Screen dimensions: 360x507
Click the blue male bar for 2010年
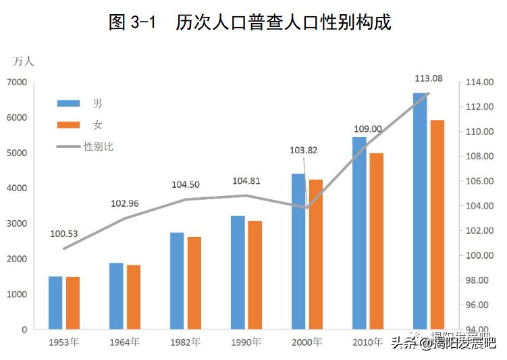pos(359,233)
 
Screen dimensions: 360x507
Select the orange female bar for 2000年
pos(316,254)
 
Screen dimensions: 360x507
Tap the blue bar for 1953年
pos(55,303)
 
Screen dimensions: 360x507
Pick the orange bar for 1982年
pos(194,283)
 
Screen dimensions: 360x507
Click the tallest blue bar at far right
pos(420,211)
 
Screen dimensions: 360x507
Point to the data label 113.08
pos(429,78)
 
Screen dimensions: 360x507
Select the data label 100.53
pos(64,234)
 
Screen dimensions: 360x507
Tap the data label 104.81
pos(246,181)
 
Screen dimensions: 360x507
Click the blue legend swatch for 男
pos(69,103)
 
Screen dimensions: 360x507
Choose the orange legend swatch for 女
pos(69,125)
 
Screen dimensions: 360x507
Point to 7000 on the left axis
pos(17,82)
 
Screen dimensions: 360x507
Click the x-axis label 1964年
pos(124,342)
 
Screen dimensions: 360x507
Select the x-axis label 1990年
pos(246,342)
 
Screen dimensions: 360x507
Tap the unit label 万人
pos(24,61)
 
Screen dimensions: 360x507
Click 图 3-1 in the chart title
pos(132,22)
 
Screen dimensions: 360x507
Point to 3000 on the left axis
pos(17,224)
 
